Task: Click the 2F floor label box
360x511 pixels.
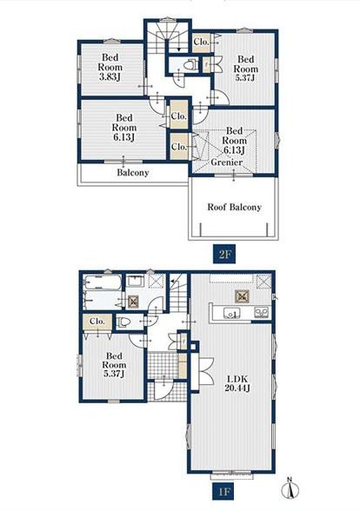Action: (224, 254)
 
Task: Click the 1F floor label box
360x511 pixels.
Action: (224, 491)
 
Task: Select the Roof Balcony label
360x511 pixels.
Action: (235, 207)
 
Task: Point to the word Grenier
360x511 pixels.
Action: (226, 162)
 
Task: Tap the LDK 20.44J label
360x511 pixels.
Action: (237, 383)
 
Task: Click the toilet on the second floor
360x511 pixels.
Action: (190, 64)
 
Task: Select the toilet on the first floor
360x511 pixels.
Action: (123, 322)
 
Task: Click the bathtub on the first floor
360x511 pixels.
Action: (103, 282)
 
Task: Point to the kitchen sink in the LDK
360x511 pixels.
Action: (232, 313)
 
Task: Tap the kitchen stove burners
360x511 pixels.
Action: (261, 313)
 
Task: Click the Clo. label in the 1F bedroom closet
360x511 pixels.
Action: (97, 322)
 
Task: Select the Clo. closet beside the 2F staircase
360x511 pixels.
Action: (201, 42)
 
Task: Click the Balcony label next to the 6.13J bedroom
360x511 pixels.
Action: (133, 173)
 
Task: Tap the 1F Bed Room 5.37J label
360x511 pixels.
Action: (114, 365)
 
